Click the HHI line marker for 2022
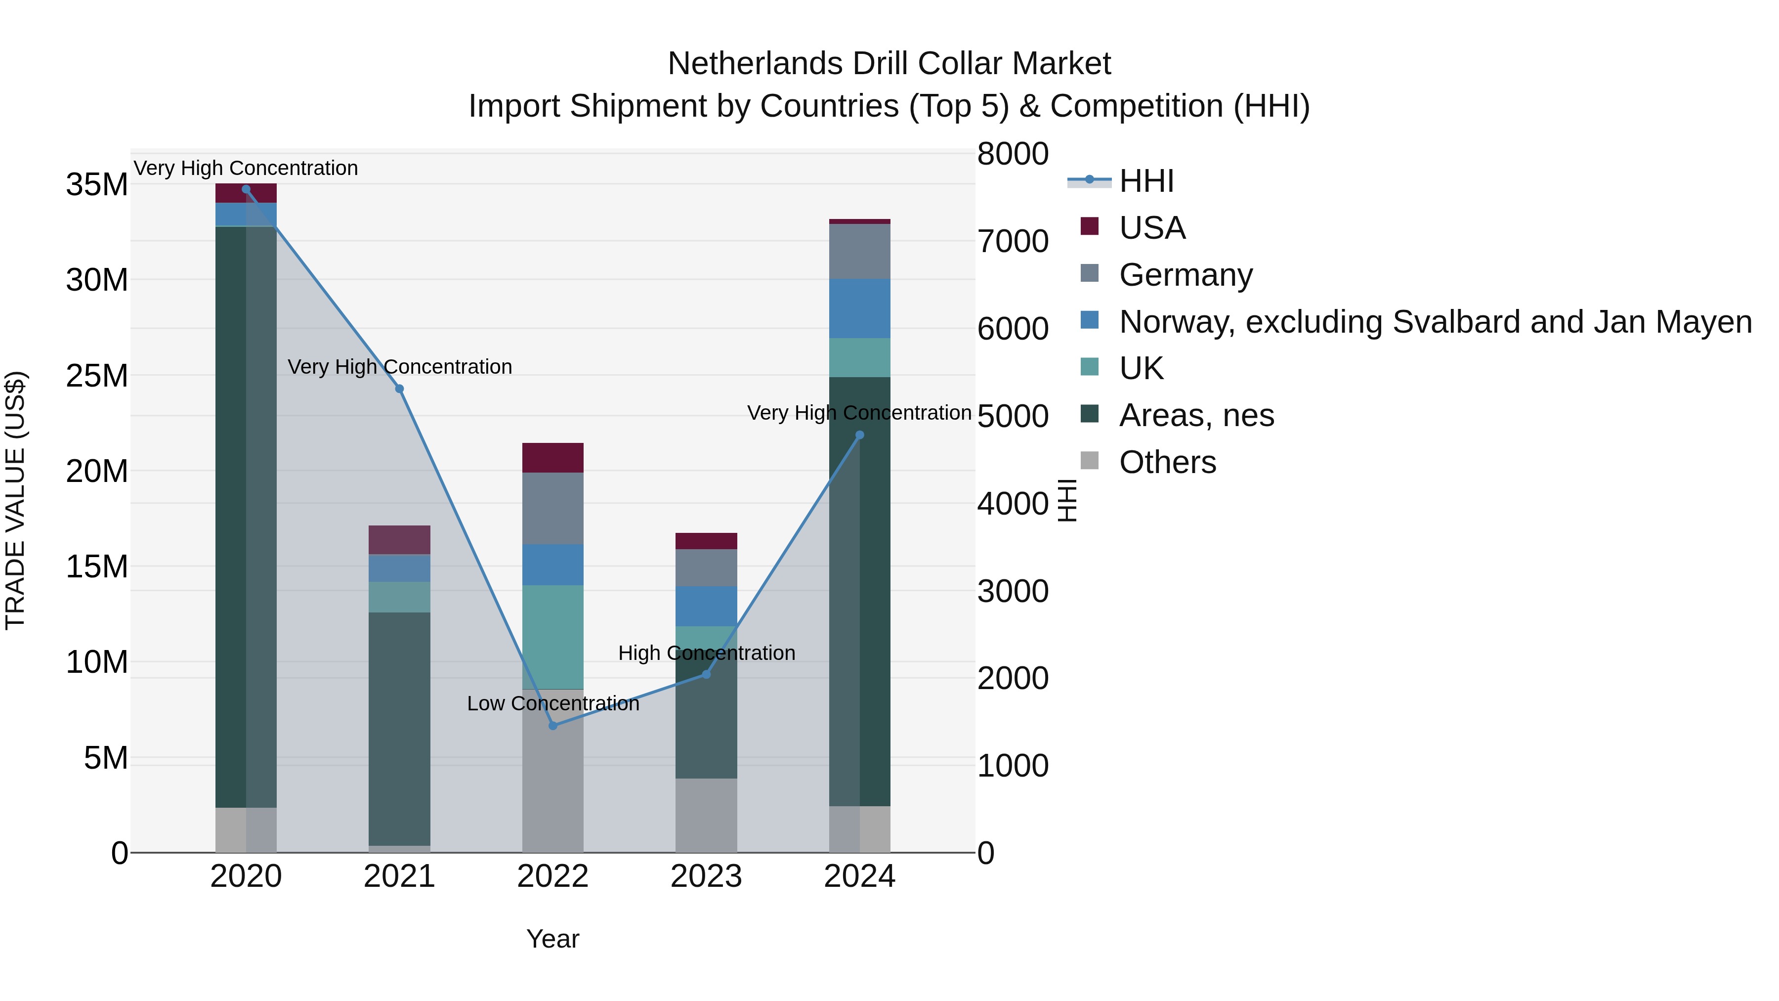pos(552,725)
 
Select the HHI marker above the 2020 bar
pos(246,189)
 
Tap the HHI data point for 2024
pos(860,435)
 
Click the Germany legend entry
pos(1185,275)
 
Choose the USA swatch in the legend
pos(1089,226)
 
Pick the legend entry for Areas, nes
pos(1196,415)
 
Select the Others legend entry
pos(1167,462)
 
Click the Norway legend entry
pos(1435,322)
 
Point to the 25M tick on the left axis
pos(97,376)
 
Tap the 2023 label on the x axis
pos(706,876)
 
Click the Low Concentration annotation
pos(552,703)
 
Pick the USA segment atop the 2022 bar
pos(552,457)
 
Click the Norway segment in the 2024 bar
pos(860,308)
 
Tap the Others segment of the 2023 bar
pos(706,815)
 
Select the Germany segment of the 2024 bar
pos(860,252)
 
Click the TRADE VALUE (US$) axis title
pos(15,500)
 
